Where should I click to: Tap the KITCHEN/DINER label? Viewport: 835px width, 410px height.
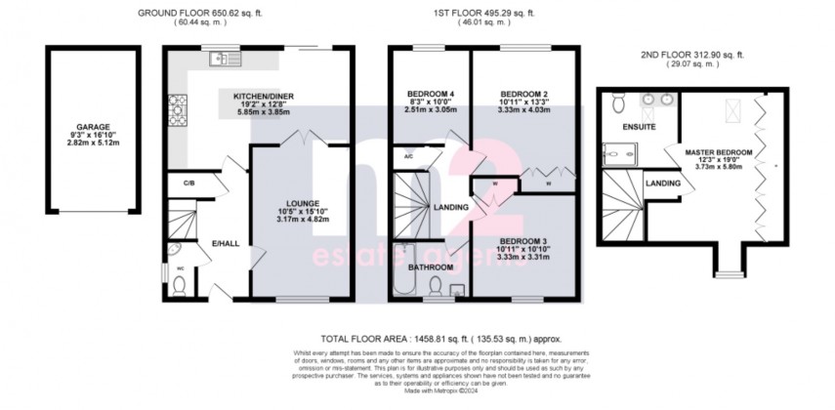[x=263, y=97]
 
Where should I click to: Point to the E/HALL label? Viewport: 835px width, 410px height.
[x=226, y=243]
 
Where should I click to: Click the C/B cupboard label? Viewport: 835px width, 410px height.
[x=188, y=183]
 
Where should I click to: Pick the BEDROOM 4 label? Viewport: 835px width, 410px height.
[x=430, y=95]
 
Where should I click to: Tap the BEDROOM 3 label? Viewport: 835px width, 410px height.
[x=524, y=241]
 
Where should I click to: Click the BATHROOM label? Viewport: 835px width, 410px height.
[x=430, y=266]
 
